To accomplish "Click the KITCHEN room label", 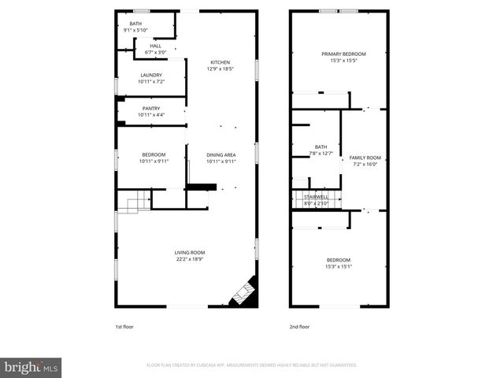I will click(220, 62).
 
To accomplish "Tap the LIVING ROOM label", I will click(190, 252).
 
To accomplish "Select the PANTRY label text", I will click(151, 109).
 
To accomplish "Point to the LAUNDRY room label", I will click(151, 75).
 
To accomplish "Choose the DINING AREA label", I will click(221, 154).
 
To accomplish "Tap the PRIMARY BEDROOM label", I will click(343, 54).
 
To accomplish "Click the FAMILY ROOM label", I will click(365, 157).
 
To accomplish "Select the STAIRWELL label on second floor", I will click(316, 198).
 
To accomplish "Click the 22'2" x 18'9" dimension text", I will click(190, 258).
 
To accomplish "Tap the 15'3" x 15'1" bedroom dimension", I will click(339, 266).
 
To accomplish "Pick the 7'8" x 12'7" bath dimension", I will click(321, 153).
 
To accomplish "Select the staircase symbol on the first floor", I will click(137, 203).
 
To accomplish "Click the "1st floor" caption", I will click(124, 326).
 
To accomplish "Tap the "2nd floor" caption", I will click(299, 326).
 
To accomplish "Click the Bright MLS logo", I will click(31, 367).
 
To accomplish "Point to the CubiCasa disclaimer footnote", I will click(252, 365).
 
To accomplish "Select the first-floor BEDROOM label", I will click(154, 154).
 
